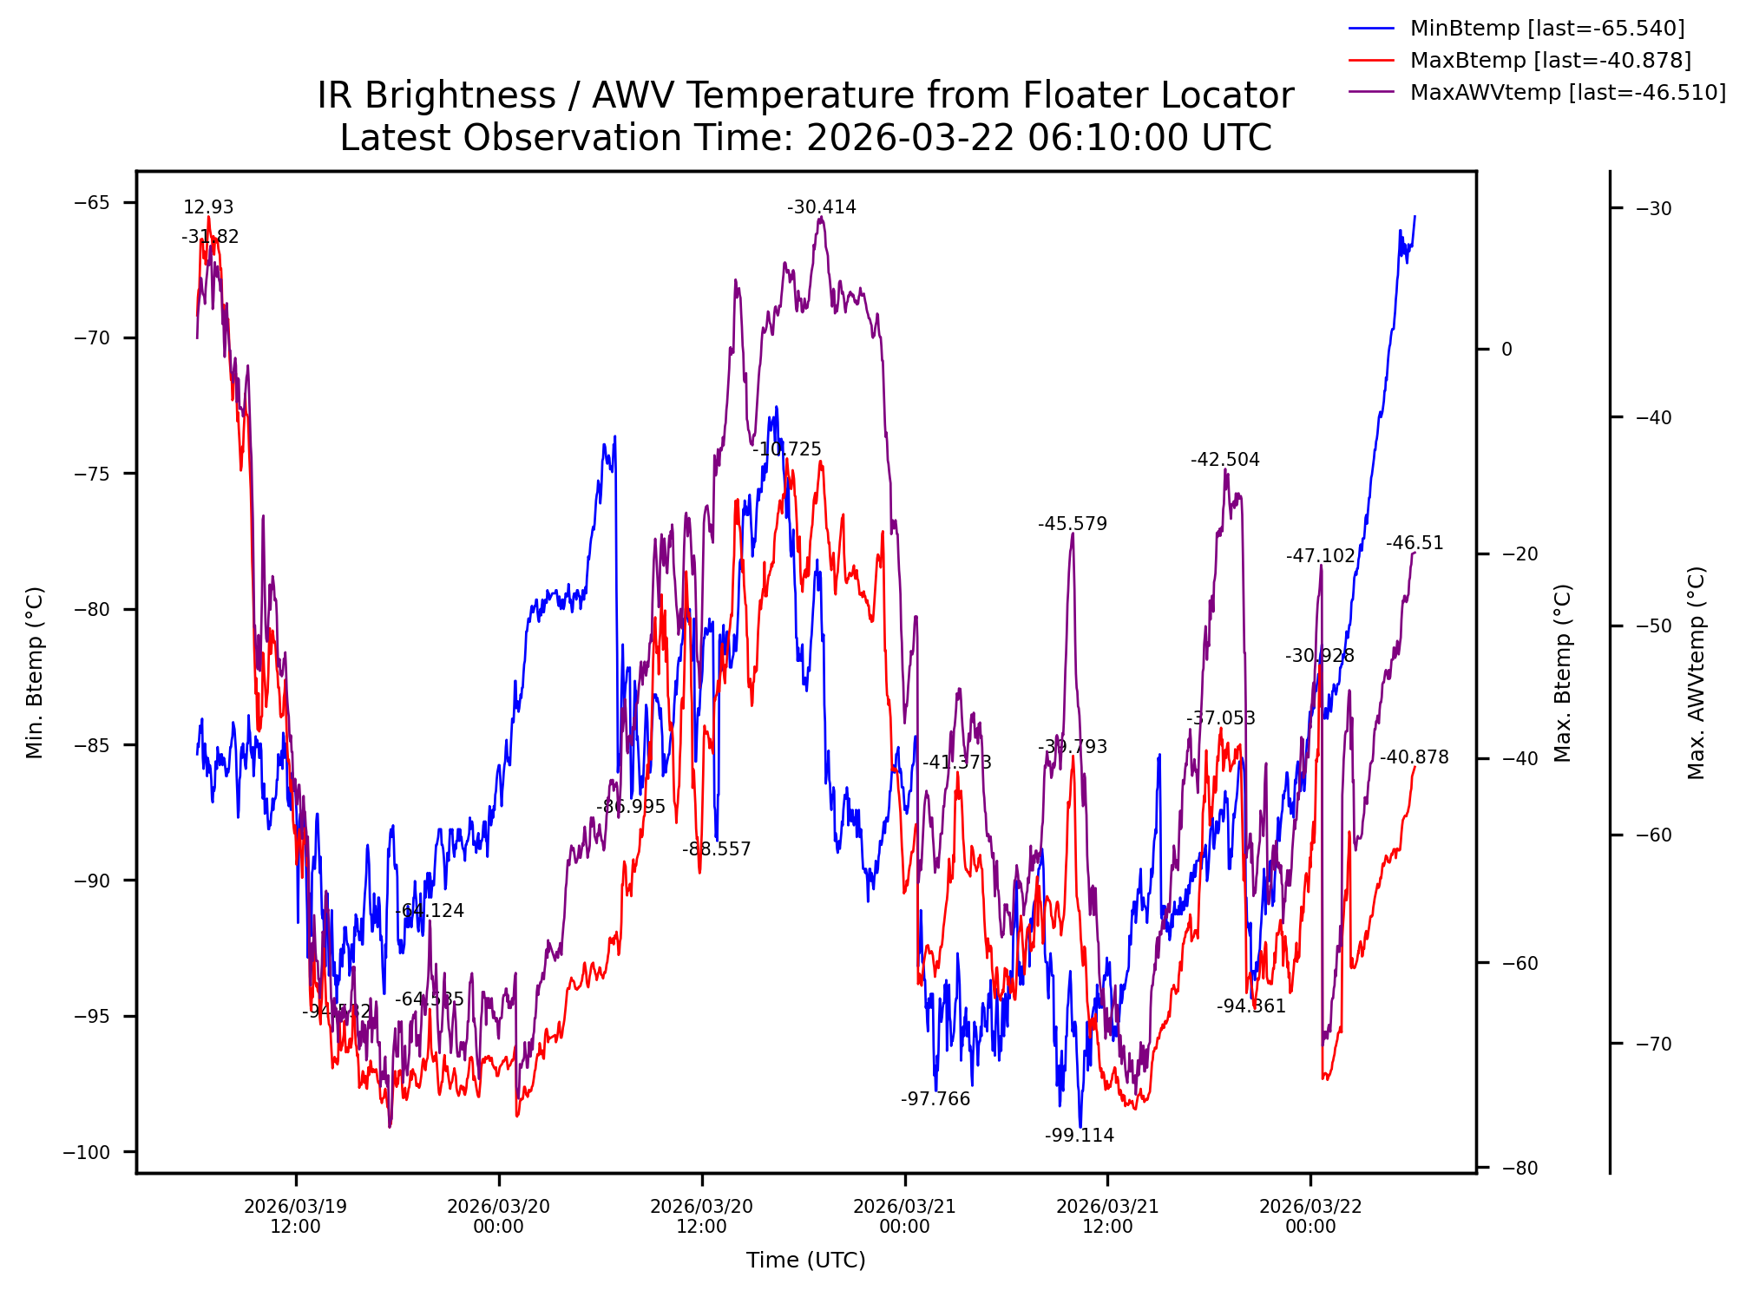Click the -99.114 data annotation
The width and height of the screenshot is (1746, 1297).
pos(1079,1136)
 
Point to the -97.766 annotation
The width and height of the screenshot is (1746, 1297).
pos(935,1099)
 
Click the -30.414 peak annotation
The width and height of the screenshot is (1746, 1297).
pos(821,207)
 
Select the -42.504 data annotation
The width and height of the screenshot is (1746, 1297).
pos(1224,460)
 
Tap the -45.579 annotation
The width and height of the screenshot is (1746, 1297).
pos(1072,524)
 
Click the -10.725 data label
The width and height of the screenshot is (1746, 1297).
pos(786,449)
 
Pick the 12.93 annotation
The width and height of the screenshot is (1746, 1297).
pos(208,207)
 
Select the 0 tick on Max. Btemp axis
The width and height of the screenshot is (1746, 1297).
pos(1506,350)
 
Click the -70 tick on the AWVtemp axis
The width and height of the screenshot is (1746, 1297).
pos(1653,1044)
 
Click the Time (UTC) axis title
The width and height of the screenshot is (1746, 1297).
pos(805,1261)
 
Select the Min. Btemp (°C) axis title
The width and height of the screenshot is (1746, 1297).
pos(35,672)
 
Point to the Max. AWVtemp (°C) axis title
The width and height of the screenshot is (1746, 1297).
pos(1697,672)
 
